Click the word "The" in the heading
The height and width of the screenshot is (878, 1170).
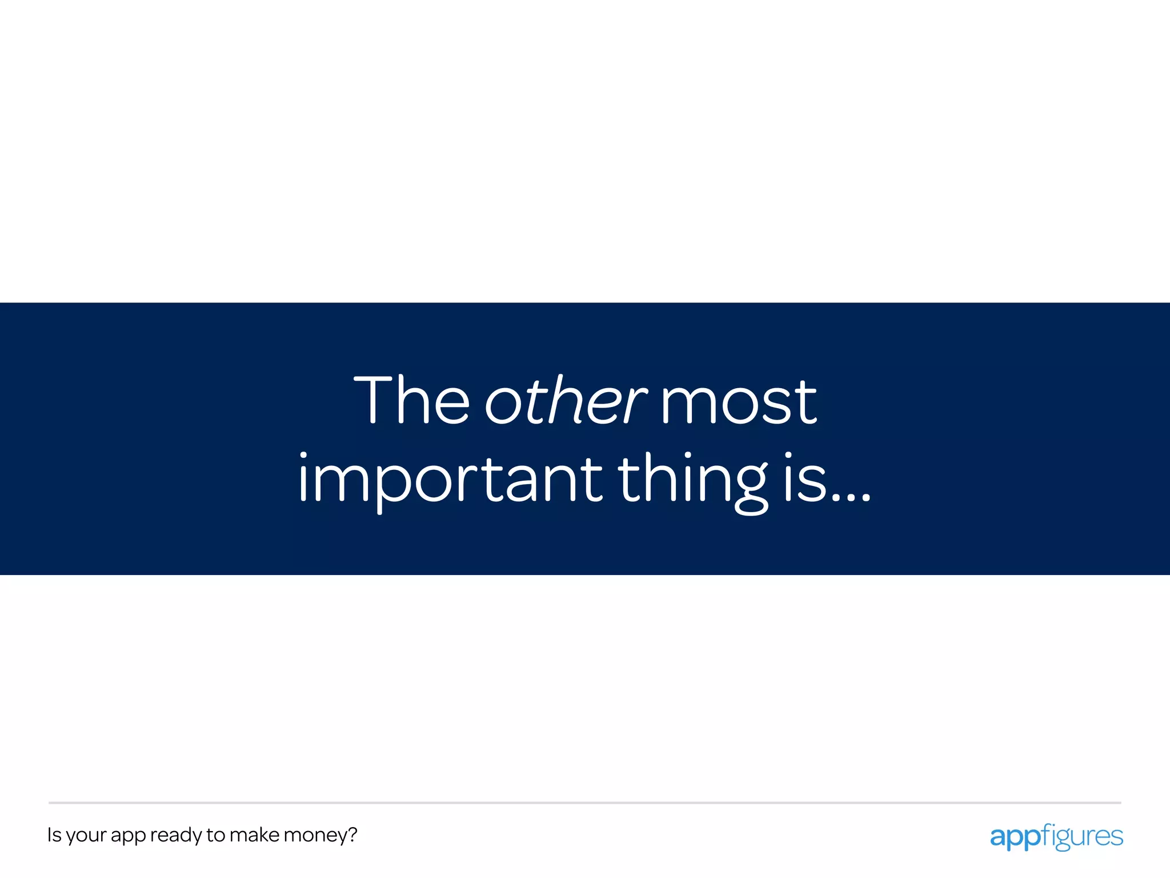[411, 400]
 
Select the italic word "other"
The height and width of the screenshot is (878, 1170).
[566, 400]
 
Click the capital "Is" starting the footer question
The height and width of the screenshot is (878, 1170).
[54, 835]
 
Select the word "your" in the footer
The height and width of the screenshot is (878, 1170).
[86, 836]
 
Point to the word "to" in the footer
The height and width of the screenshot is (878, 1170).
[215, 835]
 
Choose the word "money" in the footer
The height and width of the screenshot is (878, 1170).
[315, 836]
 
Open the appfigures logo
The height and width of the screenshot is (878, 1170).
[1056, 837]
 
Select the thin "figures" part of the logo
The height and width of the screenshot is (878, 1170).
[1081, 837]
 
